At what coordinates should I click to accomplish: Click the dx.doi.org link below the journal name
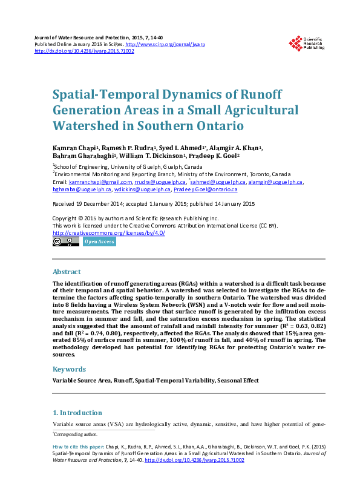point(84,51)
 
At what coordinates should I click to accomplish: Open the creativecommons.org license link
point(109,233)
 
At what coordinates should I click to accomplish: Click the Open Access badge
point(99,241)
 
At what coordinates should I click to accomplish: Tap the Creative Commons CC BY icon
point(66,241)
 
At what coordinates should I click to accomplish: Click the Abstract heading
point(67,272)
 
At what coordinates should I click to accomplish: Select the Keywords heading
point(68,369)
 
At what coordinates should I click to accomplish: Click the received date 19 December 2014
point(97,205)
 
